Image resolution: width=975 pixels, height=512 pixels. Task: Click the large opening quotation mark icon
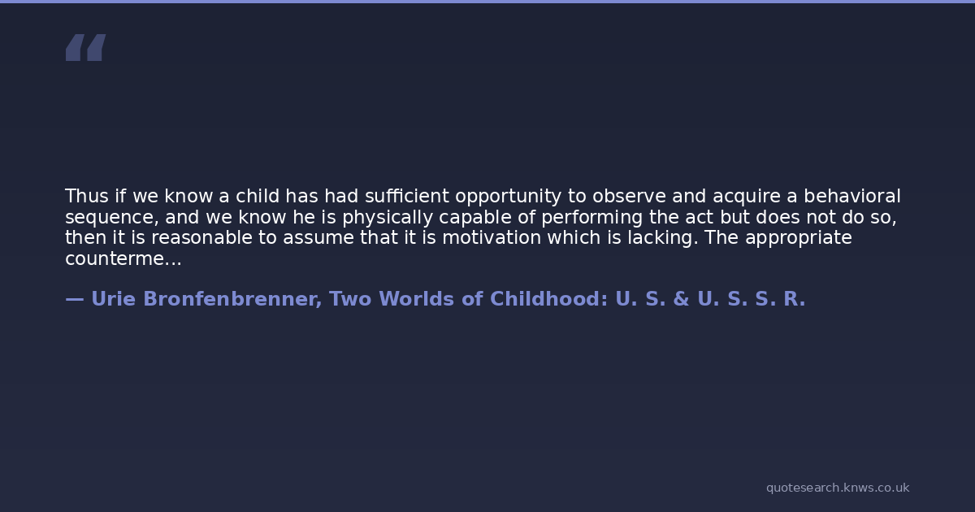coord(86,47)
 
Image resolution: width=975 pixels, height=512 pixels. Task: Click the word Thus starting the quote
coord(87,197)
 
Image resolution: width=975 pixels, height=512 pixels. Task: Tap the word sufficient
coord(407,197)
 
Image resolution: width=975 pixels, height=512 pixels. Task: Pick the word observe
coord(629,197)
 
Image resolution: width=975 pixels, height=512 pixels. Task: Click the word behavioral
coord(851,197)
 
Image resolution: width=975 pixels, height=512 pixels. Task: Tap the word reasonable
coord(201,237)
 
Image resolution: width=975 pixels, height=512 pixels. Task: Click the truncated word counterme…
coord(123,259)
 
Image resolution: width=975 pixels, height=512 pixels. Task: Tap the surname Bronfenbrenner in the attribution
coord(232,299)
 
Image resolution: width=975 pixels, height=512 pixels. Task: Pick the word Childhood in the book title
coord(549,299)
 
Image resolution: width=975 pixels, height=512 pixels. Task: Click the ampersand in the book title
coord(681,299)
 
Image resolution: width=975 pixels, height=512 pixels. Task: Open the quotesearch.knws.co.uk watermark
coord(838,488)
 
